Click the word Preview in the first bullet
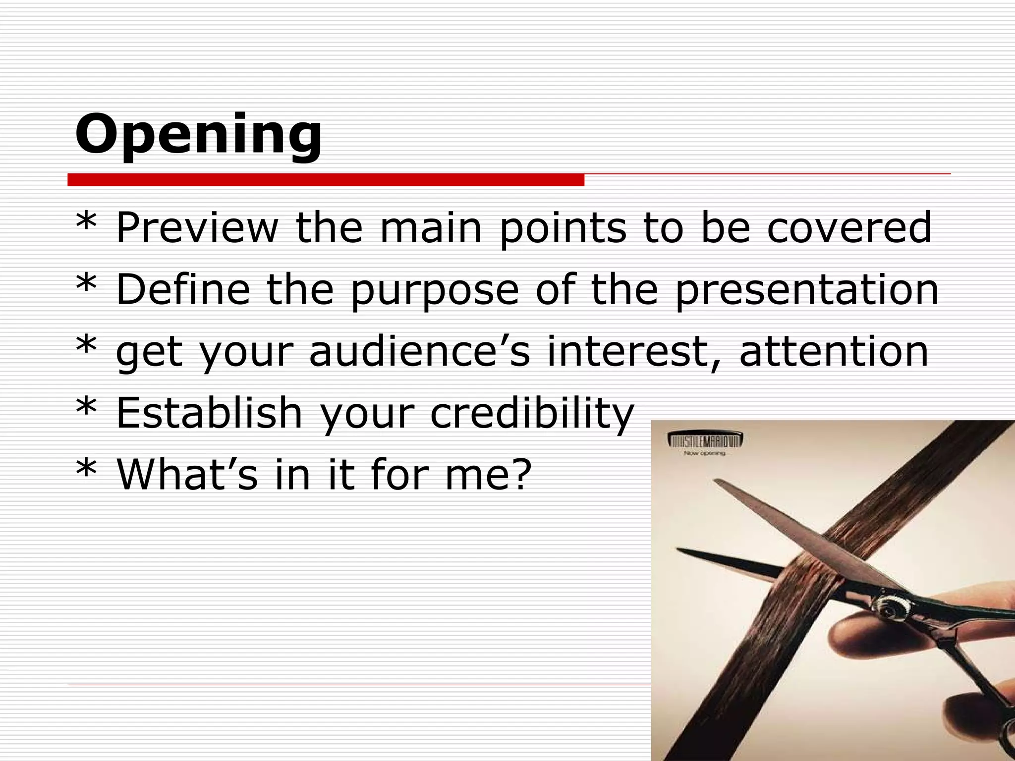pyautogui.click(x=197, y=228)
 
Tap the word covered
pyautogui.click(x=849, y=228)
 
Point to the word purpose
pyautogui.click(x=435, y=291)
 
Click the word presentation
pyautogui.click(x=806, y=291)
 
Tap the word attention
pyautogui.click(x=834, y=352)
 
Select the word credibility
pyautogui.click(x=532, y=414)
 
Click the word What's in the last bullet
pyautogui.click(x=187, y=474)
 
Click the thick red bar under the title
pyautogui.click(x=326, y=180)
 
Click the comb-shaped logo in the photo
pyautogui.click(x=706, y=440)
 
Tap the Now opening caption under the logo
pyautogui.click(x=704, y=453)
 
